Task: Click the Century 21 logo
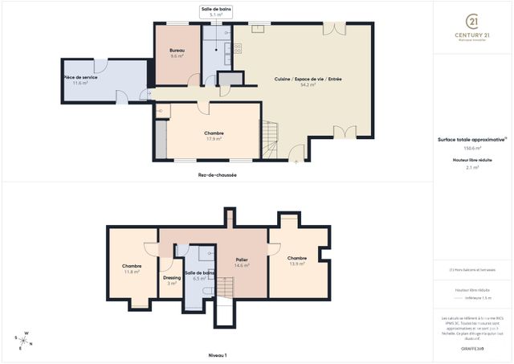[x=472, y=22]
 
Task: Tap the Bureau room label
[x=177, y=52]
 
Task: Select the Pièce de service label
[x=80, y=80]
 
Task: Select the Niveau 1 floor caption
[x=218, y=354]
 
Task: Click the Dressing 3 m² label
[x=172, y=280]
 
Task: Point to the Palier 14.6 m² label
[x=242, y=263]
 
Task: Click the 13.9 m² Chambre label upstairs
[x=297, y=260]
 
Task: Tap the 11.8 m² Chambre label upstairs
[x=132, y=268]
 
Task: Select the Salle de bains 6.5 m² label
[x=199, y=275]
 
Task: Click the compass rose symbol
[x=26, y=341]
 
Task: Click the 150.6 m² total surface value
[x=472, y=149]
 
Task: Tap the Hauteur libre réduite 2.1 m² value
[x=472, y=167]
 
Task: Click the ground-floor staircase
[x=273, y=137]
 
